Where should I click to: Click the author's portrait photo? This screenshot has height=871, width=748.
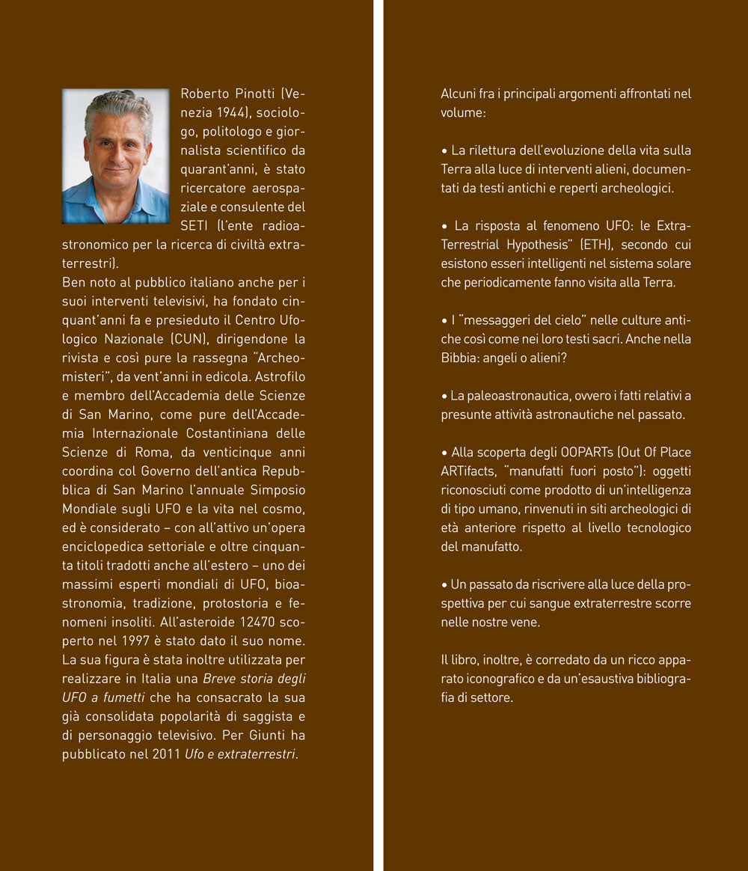click(116, 156)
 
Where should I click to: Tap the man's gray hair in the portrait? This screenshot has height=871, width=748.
click(117, 106)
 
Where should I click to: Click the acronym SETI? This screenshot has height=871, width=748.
click(194, 225)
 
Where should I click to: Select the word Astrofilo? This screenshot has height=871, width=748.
click(278, 376)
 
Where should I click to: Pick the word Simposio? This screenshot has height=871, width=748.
click(280, 489)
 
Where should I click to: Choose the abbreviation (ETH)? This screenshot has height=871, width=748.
click(580, 245)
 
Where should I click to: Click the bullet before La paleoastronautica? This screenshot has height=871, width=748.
click(444, 396)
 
